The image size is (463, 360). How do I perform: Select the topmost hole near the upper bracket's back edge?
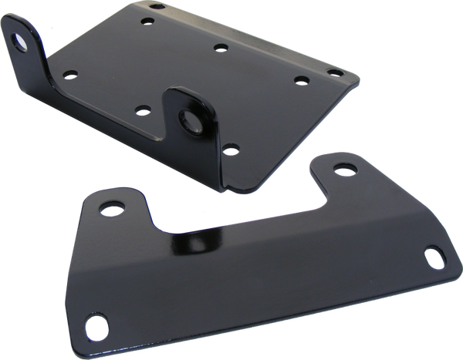[157, 7]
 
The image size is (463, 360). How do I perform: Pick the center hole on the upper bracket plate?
[221, 48]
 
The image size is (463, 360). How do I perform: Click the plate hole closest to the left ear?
[69, 75]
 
